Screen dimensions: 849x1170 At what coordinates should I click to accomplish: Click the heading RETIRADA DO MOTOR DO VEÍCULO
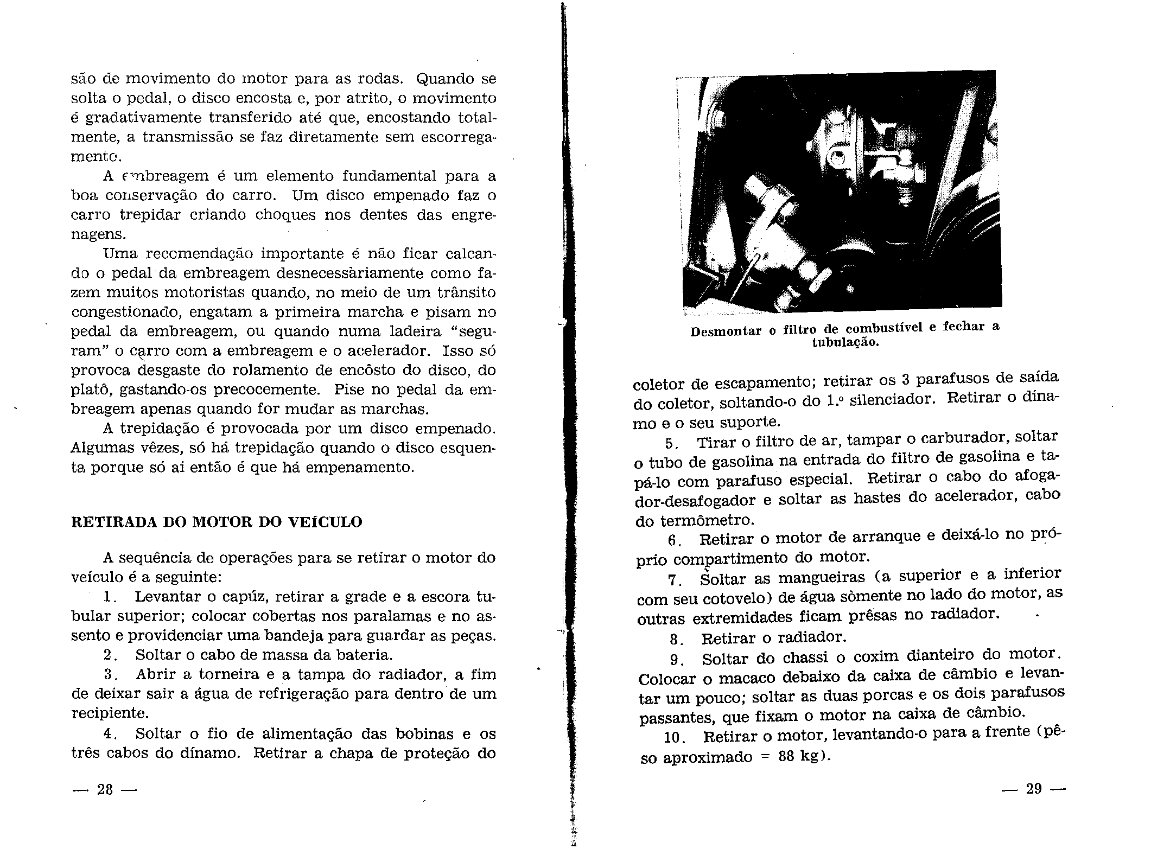pos(217,522)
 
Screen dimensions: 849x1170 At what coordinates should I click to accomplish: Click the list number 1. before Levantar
pos(110,597)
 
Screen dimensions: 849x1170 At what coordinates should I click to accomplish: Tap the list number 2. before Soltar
pos(110,655)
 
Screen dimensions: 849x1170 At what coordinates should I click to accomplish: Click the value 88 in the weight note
pos(787,757)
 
